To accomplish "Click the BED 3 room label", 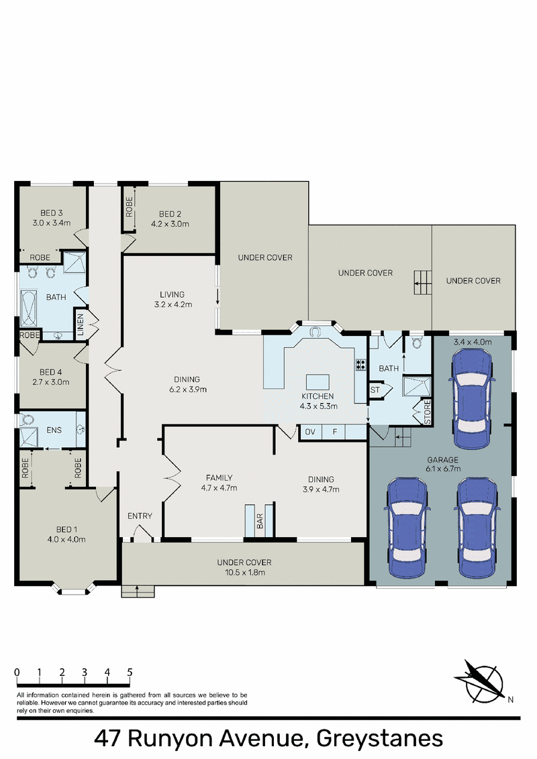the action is click(52, 213).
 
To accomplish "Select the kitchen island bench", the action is click(318, 382).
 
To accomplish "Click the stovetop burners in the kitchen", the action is click(360, 365).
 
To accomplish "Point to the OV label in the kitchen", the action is click(310, 432).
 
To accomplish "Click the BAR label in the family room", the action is click(260, 522).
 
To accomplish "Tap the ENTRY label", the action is click(140, 516).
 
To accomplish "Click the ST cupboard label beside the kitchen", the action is click(375, 390).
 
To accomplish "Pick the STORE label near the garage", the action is click(427, 412).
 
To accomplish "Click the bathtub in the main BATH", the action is click(28, 308).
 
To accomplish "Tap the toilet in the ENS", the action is click(27, 419).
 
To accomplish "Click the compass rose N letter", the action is click(510, 699).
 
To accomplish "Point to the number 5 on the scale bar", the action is click(130, 672).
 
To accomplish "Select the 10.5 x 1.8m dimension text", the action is click(244, 573).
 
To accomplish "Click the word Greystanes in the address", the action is click(379, 739).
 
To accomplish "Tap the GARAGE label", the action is click(442, 460).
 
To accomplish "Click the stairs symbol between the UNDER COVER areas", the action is click(423, 282).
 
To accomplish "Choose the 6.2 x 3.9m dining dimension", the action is click(188, 390).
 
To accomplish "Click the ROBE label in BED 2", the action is click(129, 207).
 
